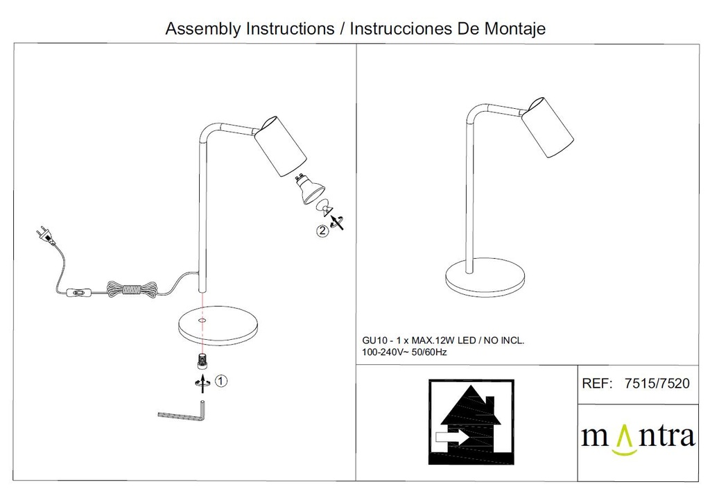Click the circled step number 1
[x=220, y=381]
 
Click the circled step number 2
[x=322, y=231]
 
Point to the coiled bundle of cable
[x=132, y=289]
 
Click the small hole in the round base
[x=201, y=320]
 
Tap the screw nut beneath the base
[x=202, y=361]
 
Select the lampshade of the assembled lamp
[x=547, y=127]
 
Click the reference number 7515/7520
[x=657, y=384]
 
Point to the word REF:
[x=597, y=384]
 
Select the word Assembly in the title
[x=203, y=28]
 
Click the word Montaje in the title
[x=515, y=28]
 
